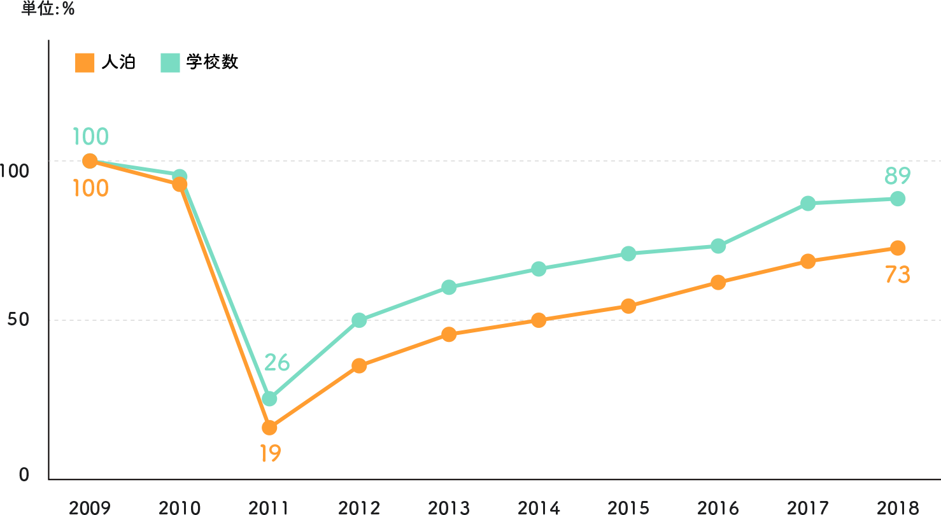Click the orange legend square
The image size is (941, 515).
85,63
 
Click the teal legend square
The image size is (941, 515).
170,63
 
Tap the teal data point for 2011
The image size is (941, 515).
269,399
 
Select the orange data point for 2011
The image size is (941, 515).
269,427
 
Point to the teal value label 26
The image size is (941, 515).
277,363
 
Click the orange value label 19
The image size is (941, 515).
270,453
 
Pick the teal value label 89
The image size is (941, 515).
897,175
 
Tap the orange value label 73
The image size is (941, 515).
897,275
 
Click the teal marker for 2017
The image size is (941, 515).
808,204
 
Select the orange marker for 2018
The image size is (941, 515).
898,248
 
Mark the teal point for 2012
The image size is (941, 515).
359,320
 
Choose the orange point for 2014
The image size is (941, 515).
539,320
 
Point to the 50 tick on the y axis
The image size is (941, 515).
18,320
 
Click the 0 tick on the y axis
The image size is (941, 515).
24,475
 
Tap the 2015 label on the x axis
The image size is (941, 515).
628,507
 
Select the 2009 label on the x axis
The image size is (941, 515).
90,507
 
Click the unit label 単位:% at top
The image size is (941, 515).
48,9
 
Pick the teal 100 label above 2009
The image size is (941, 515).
90,137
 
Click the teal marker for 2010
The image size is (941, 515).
180,176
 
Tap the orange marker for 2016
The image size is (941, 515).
718,283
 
